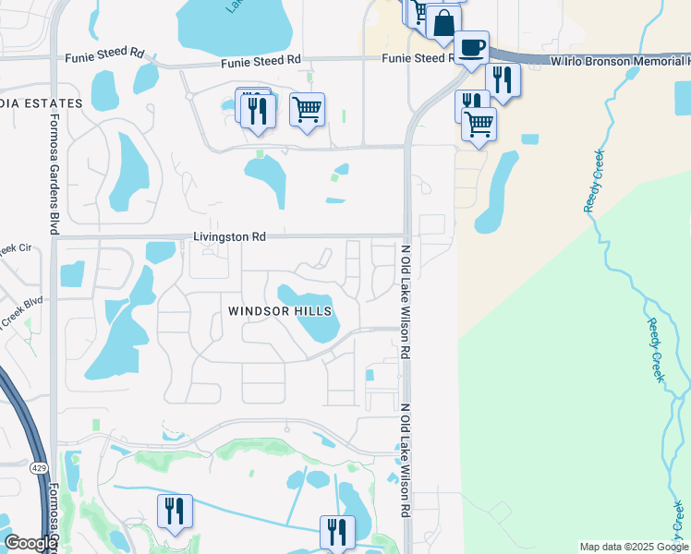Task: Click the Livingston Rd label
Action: click(x=229, y=237)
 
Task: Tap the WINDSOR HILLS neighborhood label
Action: click(x=280, y=312)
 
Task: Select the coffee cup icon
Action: click(x=471, y=47)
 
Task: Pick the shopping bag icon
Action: click(x=443, y=23)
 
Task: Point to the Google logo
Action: click(x=30, y=543)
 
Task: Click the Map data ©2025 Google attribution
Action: click(x=633, y=547)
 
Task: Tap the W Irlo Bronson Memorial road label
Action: click(x=619, y=60)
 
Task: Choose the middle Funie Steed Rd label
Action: click(x=261, y=59)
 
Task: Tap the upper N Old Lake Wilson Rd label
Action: click(x=404, y=301)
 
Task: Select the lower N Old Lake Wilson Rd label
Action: click(x=404, y=459)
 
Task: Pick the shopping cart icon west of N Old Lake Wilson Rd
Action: click(x=307, y=110)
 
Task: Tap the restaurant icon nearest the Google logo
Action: click(x=174, y=511)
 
